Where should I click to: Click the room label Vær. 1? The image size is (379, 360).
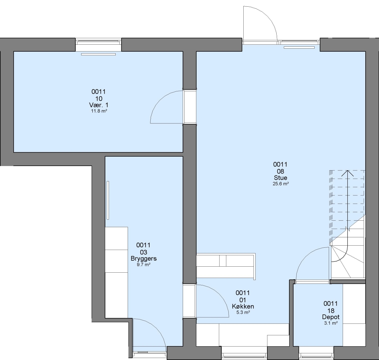pos(99,105)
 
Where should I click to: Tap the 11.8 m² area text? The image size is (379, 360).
pos(99,111)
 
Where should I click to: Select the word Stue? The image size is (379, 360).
pos(280,178)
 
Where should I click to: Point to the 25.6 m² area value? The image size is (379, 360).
pos(281,184)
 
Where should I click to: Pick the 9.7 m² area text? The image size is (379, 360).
pos(144,265)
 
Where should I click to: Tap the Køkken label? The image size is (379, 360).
pos(243,307)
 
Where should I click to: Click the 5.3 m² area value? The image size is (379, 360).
pos(243,312)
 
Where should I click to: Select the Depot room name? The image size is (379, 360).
pos(331,317)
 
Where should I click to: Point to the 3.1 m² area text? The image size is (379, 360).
pos(331,323)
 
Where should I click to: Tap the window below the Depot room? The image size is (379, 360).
pos(316,355)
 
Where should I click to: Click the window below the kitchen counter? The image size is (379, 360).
pos(244,355)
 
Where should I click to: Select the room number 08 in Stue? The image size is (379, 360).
pos(280,171)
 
